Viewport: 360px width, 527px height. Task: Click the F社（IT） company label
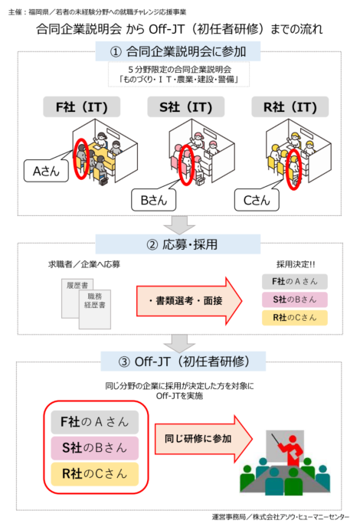coord(82,107)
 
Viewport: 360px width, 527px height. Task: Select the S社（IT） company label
coord(186,107)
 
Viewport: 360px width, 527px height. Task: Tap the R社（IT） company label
coord(290,107)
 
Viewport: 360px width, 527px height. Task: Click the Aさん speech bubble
coord(46,171)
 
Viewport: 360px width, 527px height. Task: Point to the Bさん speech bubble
coord(154,200)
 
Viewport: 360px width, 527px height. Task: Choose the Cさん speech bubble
coord(257,200)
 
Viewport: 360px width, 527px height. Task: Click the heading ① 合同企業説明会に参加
coord(178,51)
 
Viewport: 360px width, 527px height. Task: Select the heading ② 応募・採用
coord(178,244)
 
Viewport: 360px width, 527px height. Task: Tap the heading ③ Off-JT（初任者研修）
coord(183,362)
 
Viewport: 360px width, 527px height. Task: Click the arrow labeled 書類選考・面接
coord(189,301)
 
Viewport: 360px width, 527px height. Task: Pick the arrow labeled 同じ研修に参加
coord(203,439)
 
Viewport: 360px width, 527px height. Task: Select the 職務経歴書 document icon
coord(95,309)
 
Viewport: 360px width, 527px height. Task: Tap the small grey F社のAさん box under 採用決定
coord(295,282)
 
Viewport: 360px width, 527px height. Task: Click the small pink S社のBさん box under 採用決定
coord(295,300)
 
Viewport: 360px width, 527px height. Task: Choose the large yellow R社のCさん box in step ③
coord(95,474)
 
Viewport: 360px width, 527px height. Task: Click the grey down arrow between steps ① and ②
coord(179,225)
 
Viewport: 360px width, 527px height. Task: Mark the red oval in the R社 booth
coord(293,170)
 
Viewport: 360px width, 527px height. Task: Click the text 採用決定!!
coord(296,264)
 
